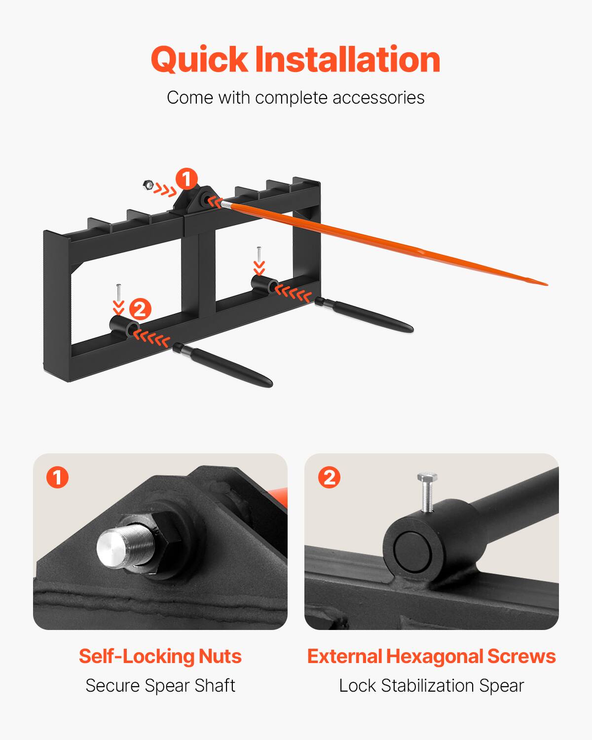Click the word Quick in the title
(x=199, y=60)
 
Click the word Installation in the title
(x=347, y=60)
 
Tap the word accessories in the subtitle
(x=378, y=98)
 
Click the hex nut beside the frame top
(x=147, y=185)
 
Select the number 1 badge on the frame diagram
(x=187, y=179)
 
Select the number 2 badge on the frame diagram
(x=140, y=310)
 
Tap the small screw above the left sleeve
(x=118, y=293)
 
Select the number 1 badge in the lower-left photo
(x=58, y=478)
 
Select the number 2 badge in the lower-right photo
(x=330, y=478)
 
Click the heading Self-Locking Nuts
(x=160, y=656)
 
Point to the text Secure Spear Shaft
(x=160, y=685)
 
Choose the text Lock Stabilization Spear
(x=431, y=685)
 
